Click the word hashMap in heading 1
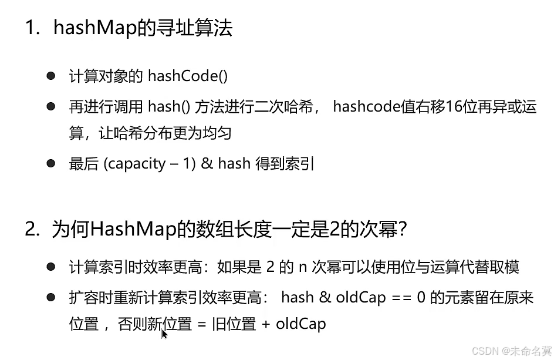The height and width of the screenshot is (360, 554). [94, 28]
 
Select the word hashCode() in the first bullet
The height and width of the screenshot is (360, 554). [187, 76]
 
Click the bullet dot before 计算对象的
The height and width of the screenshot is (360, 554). [51, 76]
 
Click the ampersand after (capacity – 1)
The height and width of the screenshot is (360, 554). [206, 164]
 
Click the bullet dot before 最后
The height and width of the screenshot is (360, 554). [51, 163]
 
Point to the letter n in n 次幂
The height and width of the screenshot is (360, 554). [303, 267]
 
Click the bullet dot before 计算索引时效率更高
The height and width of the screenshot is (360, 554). [51, 267]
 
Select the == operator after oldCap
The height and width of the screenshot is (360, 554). [402, 298]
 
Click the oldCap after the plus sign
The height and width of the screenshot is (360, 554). [300, 324]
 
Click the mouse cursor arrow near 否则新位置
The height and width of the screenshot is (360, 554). [164, 334]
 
